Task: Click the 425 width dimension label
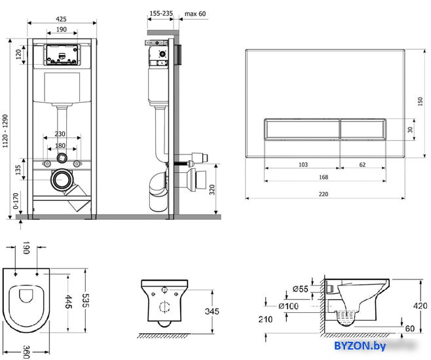click(x=61, y=19)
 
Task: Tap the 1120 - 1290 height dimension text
click(x=5, y=131)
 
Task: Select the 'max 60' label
click(x=195, y=14)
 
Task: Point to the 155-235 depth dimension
click(x=161, y=13)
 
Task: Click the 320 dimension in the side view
click(x=212, y=190)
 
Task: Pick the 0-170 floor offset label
click(x=16, y=201)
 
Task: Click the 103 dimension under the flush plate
click(x=303, y=164)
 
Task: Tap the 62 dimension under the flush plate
click(x=362, y=164)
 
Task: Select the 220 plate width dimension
click(x=324, y=194)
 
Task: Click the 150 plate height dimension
click(x=420, y=101)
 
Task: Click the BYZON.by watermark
click(x=360, y=346)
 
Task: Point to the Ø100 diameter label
click(x=288, y=306)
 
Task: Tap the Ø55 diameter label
click(x=300, y=289)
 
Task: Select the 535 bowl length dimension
click(x=86, y=300)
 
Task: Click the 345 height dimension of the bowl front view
click(x=212, y=311)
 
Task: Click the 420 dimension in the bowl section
click(x=420, y=306)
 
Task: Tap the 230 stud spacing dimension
click(x=60, y=134)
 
